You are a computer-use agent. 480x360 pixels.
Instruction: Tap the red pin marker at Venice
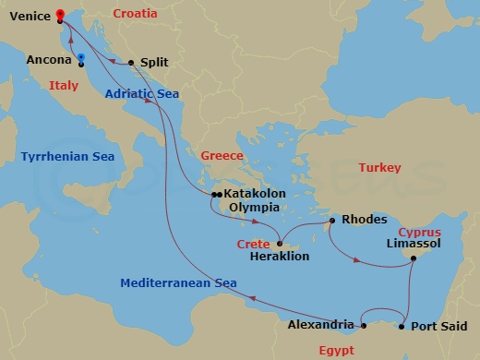(59, 14)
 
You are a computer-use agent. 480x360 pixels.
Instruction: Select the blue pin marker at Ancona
(81, 58)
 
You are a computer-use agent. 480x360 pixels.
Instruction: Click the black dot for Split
(131, 63)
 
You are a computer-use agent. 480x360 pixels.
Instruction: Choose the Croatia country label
(135, 14)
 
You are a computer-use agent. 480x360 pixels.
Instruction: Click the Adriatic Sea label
(140, 93)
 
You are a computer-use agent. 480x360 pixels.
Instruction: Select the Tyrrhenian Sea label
(67, 157)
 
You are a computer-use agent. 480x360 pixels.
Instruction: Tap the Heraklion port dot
(281, 244)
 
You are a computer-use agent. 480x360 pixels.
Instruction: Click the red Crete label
(253, 244)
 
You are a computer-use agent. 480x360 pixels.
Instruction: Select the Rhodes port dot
(332, 222)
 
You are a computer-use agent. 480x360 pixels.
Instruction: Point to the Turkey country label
(380, 168)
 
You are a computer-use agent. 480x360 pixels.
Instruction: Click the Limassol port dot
(414, 258)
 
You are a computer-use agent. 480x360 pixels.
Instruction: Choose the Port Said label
(438, 326)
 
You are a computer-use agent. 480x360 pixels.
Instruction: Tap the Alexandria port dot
(364, 325)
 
